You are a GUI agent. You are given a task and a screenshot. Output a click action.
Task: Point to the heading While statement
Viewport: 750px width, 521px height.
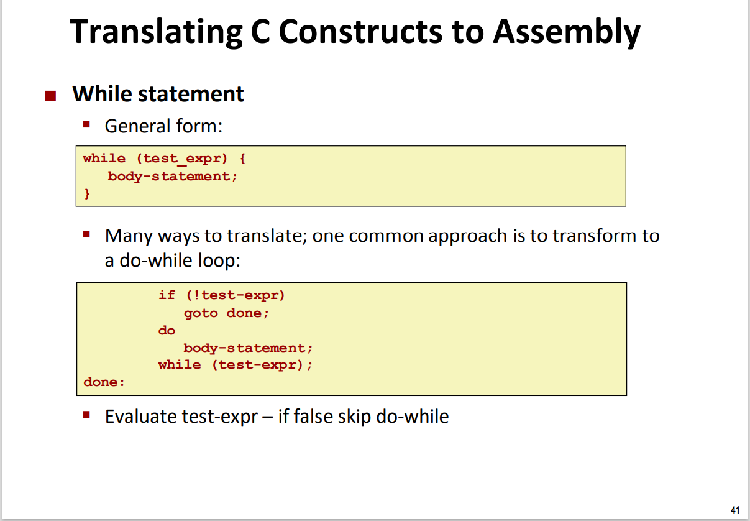[158, 94]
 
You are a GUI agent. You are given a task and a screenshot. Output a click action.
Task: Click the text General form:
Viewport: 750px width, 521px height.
[163, 126]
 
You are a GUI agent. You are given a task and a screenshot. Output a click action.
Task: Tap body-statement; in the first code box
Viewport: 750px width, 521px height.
[172, 176]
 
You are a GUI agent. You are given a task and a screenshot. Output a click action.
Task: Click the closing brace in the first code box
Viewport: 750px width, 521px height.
[87, 194]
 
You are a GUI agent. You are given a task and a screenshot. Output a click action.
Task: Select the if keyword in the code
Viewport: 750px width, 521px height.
[167, 295]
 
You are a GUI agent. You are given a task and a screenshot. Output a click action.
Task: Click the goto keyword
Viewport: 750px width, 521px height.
[201, 313]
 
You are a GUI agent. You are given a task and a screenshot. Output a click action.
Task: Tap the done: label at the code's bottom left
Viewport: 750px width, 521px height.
[104, 382]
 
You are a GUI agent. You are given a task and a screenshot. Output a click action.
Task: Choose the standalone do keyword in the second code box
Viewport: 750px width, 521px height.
[167, 330]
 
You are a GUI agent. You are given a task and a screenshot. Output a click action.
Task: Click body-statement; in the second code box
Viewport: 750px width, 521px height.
[248, 348]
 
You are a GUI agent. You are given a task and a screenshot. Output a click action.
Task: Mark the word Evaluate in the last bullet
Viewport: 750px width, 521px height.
[141, 416]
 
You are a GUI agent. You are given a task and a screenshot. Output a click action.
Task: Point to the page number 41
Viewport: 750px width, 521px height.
[735, 510]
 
